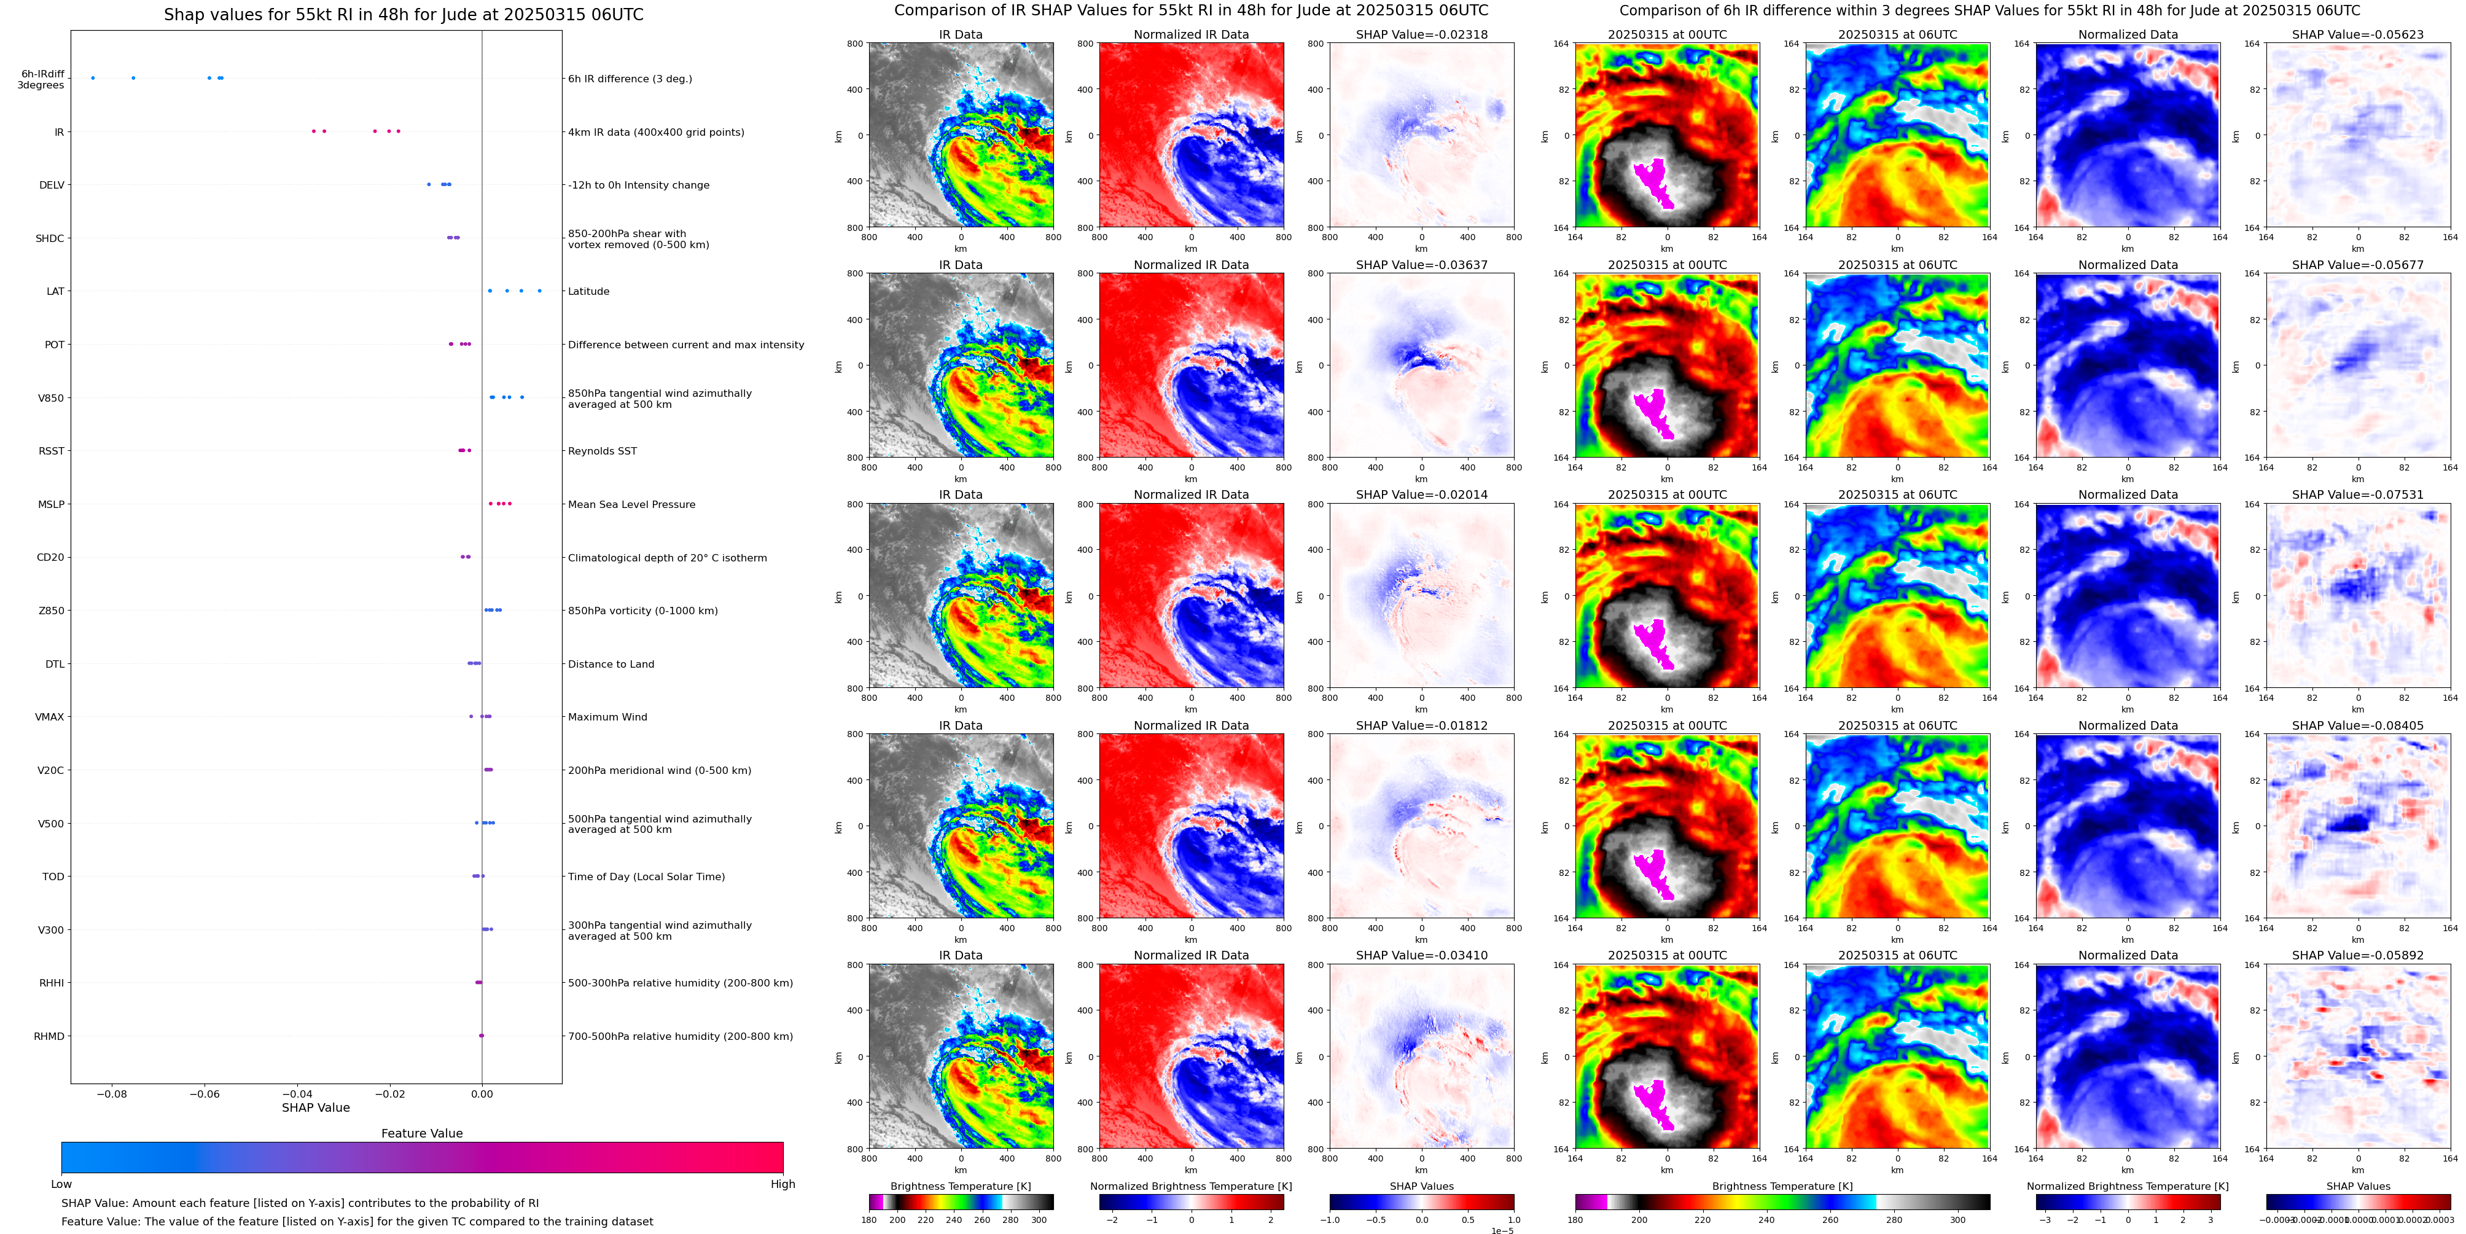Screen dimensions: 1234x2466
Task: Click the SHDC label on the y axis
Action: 50,238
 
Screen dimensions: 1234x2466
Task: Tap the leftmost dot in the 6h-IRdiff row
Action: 93,77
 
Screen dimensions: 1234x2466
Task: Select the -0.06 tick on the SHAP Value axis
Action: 204,1093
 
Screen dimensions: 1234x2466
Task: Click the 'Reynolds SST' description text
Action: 601,451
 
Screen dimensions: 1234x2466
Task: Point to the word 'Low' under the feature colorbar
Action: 61,1184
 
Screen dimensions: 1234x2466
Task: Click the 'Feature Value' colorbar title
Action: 421,1133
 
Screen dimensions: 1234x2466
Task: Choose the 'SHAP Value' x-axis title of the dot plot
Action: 315,1107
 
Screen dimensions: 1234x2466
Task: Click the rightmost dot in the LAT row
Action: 539,291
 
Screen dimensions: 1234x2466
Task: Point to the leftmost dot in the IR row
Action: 313,131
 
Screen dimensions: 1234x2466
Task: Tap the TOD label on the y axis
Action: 53,877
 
